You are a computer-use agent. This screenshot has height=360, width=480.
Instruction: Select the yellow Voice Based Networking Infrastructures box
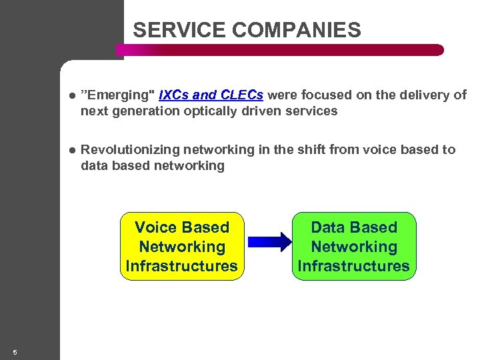coord(181,247)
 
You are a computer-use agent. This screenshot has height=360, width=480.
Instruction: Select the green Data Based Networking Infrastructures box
coord(353,247)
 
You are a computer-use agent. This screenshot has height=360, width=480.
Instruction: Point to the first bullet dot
coord(72,95)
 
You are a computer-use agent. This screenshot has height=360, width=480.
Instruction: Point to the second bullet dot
coord(72,150)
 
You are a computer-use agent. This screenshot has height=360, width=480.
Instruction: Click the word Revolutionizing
coord(129,150)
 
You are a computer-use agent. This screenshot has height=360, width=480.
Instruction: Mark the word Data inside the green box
coord(327,227)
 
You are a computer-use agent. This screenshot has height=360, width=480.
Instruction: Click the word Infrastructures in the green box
coord(353,266)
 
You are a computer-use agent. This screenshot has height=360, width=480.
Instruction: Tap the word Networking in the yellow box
coord(181,247)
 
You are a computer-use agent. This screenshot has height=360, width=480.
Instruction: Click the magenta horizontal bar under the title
coord(280,50)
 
